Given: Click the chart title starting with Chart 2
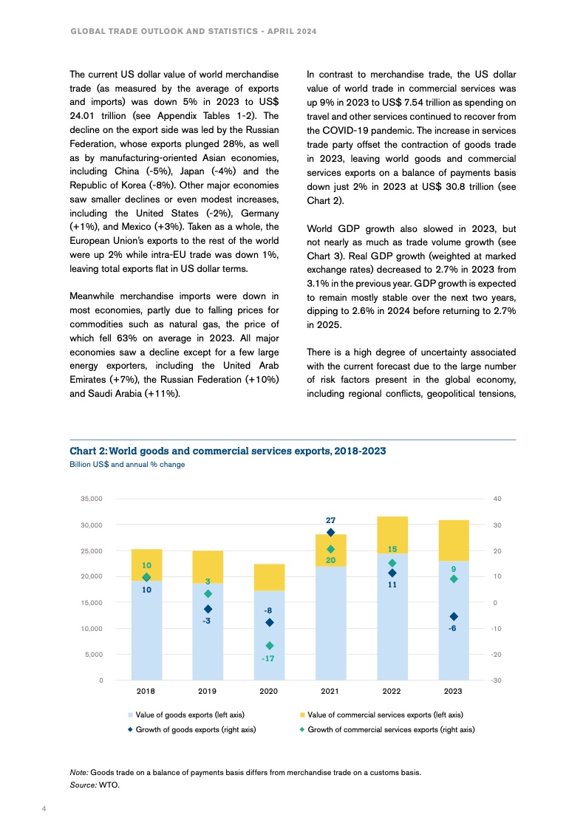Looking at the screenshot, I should tap(228, 451).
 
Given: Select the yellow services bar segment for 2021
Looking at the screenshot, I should tap(330, 550).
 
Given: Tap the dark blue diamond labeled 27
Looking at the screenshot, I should tap(330, 532).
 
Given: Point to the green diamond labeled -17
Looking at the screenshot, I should tap(269, 645).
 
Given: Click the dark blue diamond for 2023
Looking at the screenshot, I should tap(454, 616).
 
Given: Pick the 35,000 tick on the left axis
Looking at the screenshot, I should tap(92, 499).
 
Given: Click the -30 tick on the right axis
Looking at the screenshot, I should tap(497, 680).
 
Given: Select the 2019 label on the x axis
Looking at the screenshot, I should tap(207, 692).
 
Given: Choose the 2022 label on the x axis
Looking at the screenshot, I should tap(392, 692).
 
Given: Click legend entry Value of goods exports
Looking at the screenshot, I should tap(189, 714).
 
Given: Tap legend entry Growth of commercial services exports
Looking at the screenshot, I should tap(390, 729).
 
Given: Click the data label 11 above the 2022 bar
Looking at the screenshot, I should tap(392, 584).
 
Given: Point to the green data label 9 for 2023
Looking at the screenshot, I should tap(454, 569).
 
